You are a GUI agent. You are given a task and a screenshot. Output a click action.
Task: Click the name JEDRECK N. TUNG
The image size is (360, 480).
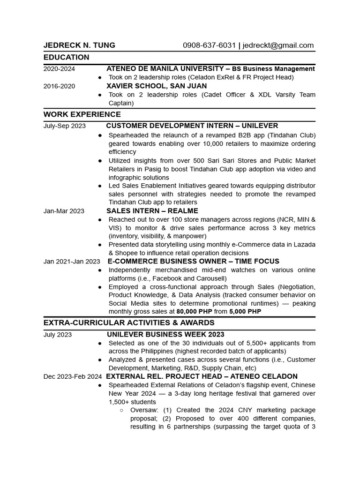(79, 45)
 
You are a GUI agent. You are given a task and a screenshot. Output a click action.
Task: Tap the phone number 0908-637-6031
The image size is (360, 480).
(209, 45)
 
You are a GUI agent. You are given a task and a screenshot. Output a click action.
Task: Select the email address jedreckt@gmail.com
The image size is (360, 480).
(278, 45)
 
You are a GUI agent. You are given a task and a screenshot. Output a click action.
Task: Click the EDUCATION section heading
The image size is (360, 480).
(66, 57)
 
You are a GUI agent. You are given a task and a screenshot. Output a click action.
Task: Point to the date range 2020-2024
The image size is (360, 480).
(59, 69)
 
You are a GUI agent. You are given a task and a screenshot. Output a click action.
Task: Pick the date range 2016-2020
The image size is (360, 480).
(59, 86)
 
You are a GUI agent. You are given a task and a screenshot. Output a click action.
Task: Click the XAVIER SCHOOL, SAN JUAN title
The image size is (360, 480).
(157, 86)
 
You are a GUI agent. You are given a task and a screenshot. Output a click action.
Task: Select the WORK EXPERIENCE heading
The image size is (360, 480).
(82, 114)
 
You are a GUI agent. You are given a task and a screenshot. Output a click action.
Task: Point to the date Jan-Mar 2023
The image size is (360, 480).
(64, 211)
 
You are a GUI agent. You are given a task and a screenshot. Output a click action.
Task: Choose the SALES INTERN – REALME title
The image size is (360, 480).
(152, 211)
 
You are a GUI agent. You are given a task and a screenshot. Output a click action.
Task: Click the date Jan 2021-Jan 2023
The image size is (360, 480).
(72, 262)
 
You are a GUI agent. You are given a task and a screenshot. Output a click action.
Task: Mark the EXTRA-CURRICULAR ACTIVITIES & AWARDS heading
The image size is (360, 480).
(129, 323)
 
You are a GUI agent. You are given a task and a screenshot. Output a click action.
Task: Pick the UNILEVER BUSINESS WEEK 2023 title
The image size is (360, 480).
(165, 335)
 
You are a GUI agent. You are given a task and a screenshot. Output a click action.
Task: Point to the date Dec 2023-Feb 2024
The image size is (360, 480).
(73, 376)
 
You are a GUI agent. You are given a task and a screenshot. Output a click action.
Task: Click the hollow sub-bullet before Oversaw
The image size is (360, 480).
(121, 411)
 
